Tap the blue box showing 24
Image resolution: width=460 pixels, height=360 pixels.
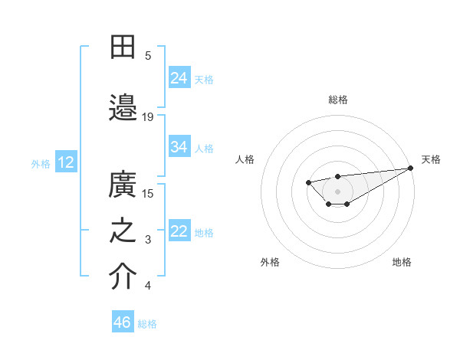[179, 77]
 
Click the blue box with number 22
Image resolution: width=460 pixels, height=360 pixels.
[179, 231]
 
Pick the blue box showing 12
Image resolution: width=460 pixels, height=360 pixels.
[66, 162]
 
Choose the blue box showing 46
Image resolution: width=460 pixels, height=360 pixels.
[123, 322]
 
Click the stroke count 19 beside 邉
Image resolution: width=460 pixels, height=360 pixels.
[148, 116]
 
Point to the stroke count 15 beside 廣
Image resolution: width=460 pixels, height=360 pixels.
[148, 193]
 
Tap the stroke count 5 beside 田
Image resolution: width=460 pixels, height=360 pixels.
[148, 55]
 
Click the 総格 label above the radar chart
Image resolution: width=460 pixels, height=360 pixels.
[337, 100]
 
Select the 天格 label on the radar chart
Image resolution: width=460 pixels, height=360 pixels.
[431, 159]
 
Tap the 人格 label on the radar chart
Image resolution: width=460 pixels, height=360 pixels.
[245, 159]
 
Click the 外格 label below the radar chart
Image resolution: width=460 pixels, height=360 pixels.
[270, 262]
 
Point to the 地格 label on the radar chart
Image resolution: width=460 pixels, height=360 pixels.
[402, 262]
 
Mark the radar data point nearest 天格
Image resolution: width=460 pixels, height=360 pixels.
[411, 168]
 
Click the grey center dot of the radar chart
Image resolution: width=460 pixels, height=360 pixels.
[337, 191]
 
